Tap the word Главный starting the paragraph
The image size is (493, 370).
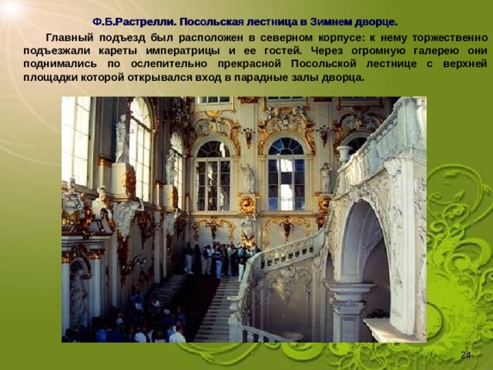70,38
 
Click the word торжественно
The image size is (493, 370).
450,38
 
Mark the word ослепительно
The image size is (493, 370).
169,64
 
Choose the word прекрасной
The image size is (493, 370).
250,64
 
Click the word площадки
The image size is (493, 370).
51,77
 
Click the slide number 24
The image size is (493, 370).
465,355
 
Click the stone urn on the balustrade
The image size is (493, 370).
344,153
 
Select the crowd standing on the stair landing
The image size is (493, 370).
220,259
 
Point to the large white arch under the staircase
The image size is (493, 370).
361,239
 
